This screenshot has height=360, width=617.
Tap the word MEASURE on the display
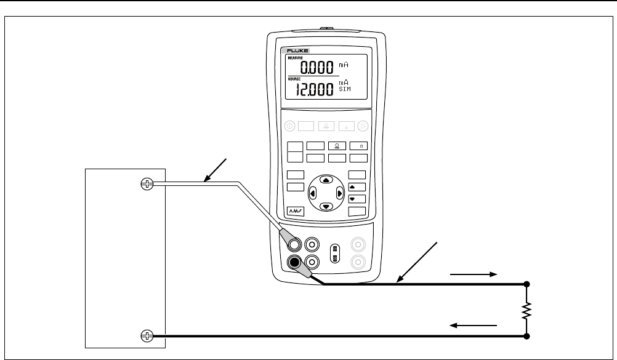[x=296, y=57]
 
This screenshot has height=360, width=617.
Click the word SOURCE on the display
[x=295, y=79]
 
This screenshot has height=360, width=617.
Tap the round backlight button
[x=363, y=126]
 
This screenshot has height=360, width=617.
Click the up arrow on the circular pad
[x=326, y=179]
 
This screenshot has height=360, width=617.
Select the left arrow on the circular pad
[x=312, y=193]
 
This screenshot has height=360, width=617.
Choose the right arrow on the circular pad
[x=339, y=193]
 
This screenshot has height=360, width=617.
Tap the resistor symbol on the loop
[x=527, y=311]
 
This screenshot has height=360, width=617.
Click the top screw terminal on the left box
[x=147, y=184]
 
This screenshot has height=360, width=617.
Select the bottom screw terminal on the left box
[x=147, y=335]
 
